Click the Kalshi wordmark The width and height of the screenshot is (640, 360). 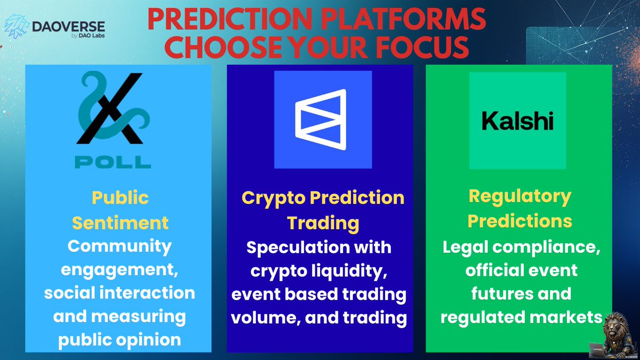(517, 121)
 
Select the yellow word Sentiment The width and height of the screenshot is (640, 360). (121, 222)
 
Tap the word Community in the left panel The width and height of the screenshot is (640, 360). (120, 246)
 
